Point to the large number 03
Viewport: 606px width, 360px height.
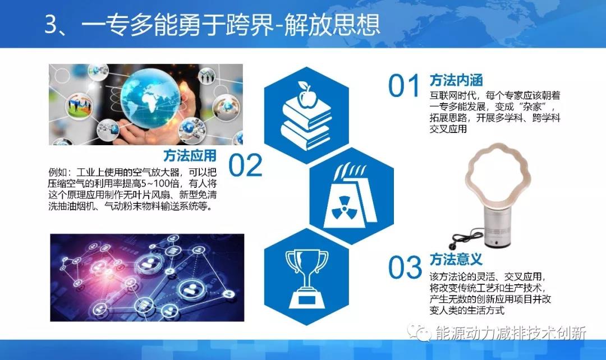405,269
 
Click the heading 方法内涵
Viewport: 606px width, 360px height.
456,80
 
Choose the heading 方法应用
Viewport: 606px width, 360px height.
190,155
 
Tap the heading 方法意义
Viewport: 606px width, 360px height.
456,260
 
